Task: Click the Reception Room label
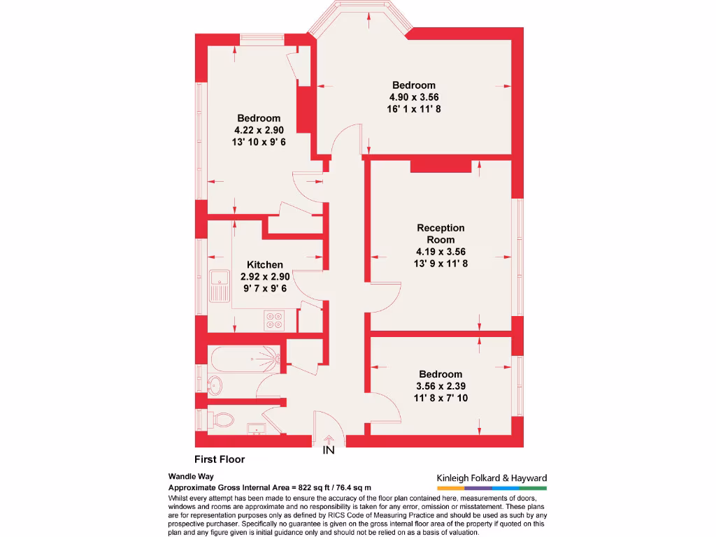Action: tap(441, 234)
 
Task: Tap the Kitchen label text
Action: tap(265, 264)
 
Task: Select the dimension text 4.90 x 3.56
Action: tap(414, 97)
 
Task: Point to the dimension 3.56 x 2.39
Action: tap(441, 386)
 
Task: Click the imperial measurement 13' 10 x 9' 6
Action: tap(259, 141)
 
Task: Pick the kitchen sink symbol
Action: tap(220, 286)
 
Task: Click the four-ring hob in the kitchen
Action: tap(273, 320)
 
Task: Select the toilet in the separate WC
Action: tap(222, 420)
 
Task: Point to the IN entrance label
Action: tap(329, 451)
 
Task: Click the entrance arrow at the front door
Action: tap(329, 439)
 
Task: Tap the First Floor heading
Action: tap(219, 459)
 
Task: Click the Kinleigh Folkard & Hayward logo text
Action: tap(492, 478)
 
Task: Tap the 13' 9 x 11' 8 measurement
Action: tap(441, 264)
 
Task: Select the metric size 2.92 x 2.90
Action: tap(265, 276)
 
